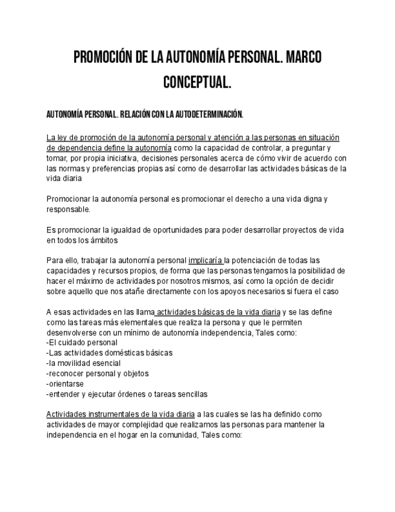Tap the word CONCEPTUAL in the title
[x=197, y=82]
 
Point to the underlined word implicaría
[x=206, y=261]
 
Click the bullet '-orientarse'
[x=65, y=384]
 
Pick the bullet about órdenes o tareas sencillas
[x=127, y=394]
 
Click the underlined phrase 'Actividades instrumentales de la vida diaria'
[x=120, y=415]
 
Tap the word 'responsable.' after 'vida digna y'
[x=68, y=210]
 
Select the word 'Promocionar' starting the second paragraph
[x=69, y=199]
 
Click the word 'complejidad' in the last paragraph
[x=136, y=424]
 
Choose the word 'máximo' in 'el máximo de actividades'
[x=89, y=281]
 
